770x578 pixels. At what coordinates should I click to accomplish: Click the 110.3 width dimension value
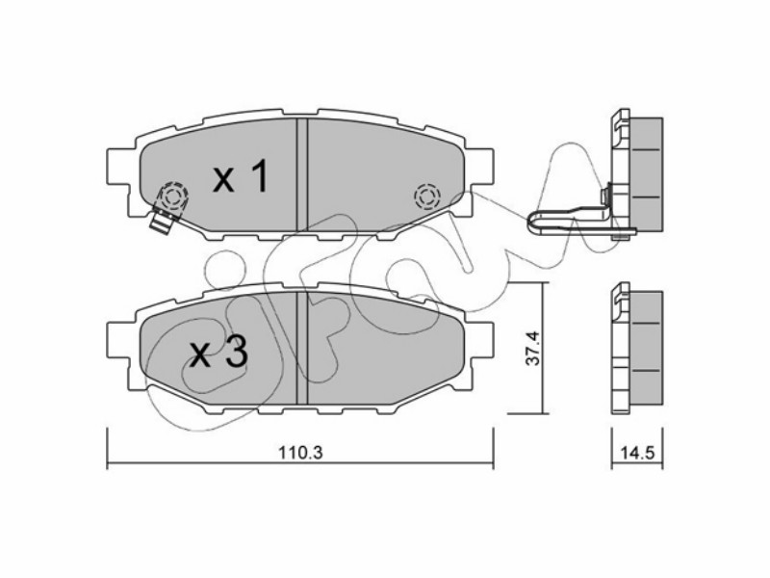[x=300, y=452]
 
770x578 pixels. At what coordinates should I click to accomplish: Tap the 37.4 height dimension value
[x=532, y=348]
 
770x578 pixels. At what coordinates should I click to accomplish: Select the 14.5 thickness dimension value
[x=638, y=453]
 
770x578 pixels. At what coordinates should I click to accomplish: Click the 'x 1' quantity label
[x=241, y=176]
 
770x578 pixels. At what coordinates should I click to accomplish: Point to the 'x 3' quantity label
[x=218, y=354]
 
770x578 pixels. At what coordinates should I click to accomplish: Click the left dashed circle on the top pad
[x=173, y=197]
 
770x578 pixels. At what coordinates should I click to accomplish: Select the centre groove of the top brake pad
[x=302, y=174]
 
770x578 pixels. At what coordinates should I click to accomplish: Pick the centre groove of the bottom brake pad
[x=302, y=348]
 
